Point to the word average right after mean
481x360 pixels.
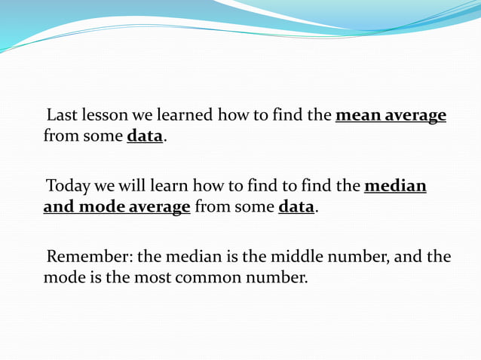(416, 117)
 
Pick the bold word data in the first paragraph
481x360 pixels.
(145, 138)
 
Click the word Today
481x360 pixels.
(69, 186)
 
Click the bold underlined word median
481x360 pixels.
(395, 186)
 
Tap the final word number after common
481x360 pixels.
(278, 277)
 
